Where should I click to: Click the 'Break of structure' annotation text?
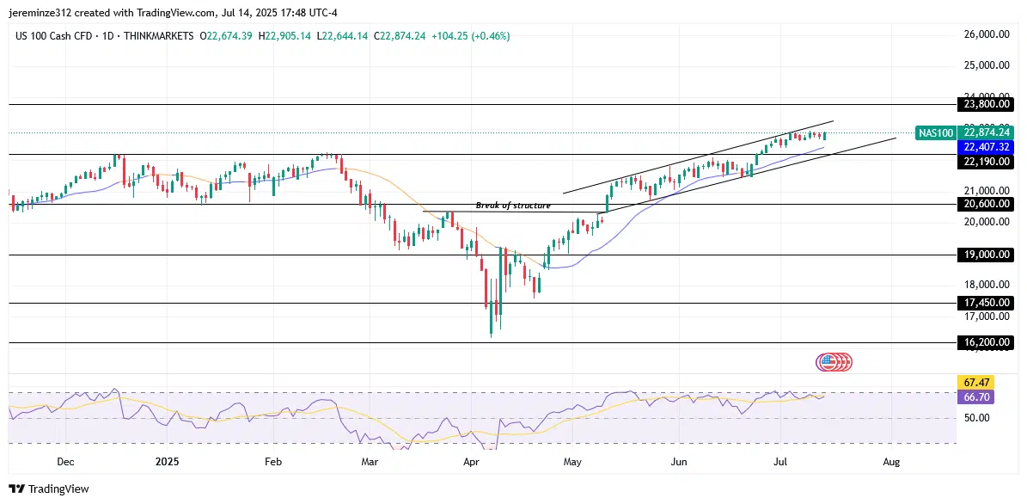click(513, 206)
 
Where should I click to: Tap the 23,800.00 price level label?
click(984, 104)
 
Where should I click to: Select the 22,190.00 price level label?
click(984, 162)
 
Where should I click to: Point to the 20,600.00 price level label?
click(984, 204)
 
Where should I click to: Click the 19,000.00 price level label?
click(984, 255)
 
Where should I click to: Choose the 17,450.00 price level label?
click(984, 303)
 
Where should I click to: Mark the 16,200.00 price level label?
click(984, 342)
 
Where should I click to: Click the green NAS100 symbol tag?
click(935, 132)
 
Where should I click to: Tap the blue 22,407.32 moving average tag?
click(984, 147)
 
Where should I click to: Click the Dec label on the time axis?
click(64, 462)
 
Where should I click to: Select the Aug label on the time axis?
click(891, 462)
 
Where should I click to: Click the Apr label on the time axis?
click(471, 462)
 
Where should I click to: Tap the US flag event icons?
click(834, 362)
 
